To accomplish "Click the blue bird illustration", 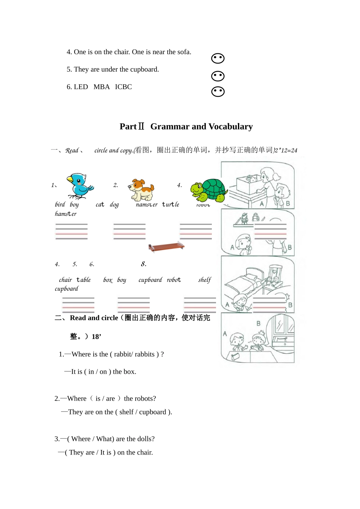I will pos(80,186).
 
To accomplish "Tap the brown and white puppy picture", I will pos(141,189).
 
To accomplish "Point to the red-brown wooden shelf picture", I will pos(166,247).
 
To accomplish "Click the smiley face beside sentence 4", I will pos(218,58).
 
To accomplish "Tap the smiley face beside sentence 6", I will pos(218,92).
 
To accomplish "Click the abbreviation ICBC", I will pos(124,87).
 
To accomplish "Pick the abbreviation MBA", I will pos(102,87).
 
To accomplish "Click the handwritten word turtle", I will pos(171,205).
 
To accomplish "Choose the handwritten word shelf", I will pos(205,280).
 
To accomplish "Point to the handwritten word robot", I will pos(174,280).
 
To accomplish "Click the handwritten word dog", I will pos(114,205).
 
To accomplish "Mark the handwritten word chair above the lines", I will pos(65,280).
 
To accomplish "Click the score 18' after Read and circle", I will pos(96,337).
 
